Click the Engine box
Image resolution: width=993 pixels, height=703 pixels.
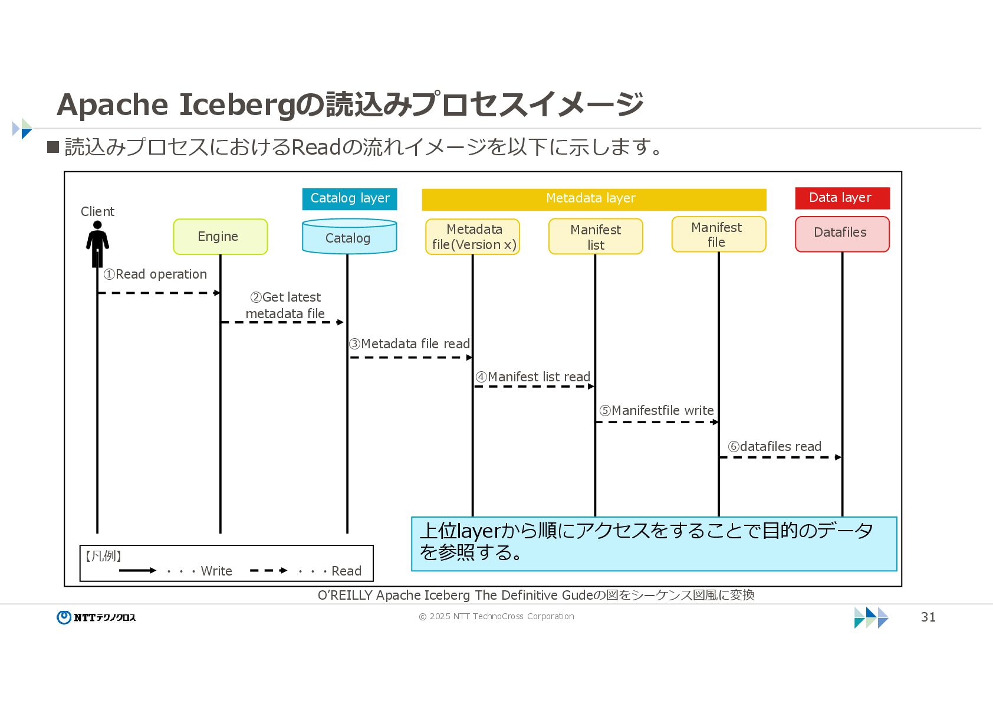[220, 237]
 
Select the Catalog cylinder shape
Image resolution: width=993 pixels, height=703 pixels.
[349, 237]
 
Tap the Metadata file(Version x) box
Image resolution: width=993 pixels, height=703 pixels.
[473, 237]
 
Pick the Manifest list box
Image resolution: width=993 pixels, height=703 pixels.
[596, 237]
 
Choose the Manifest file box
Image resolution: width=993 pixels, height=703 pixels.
[719, 234]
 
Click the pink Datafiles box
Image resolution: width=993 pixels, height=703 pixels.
[842, 234]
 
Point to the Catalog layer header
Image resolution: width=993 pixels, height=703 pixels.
[350, 198]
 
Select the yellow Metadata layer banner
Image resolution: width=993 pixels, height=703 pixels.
[594, 199]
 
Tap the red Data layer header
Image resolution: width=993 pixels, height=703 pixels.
[842, 198]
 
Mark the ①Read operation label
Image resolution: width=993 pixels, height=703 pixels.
[155, 274]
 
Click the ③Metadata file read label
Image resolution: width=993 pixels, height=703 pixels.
[409, 344]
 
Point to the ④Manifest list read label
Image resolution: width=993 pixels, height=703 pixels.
[533, 377]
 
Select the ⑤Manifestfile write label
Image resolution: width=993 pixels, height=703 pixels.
[656, 411]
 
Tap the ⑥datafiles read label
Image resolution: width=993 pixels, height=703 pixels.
[774, 447]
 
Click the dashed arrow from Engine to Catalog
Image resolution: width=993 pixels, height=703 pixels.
[282, 322]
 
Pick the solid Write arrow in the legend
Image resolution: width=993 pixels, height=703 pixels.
[137, 571]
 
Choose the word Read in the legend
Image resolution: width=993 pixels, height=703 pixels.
[346, 571]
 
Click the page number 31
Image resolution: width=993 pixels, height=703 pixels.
[928, 617]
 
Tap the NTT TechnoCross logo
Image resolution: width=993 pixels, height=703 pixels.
[96, 617]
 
